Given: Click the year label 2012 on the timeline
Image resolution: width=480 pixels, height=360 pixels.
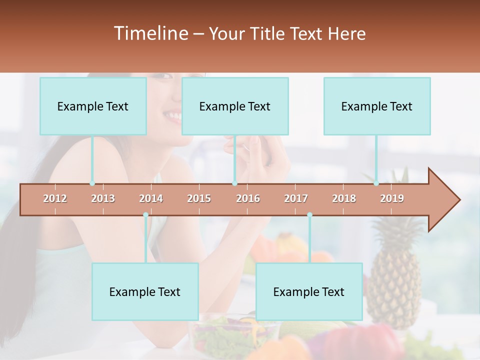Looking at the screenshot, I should click(55, 198).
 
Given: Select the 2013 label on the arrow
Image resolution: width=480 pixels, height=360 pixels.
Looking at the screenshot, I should click(103, 198).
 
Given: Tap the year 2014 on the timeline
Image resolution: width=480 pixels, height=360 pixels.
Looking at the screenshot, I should click(151, 198).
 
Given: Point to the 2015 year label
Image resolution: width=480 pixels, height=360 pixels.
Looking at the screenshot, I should click(199, 198).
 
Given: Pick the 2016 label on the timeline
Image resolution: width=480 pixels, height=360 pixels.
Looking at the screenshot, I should click(248, 198).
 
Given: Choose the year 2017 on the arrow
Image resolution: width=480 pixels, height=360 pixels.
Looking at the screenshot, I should click(296, 198).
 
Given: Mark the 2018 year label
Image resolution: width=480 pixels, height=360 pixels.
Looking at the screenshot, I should click(344, 198).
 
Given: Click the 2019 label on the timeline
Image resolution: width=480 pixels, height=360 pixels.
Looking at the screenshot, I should click(392, 198).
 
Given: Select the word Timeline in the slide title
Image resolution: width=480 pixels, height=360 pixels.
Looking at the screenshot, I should click(150, 33).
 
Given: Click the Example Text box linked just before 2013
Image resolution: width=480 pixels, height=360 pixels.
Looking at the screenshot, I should click(93, 106).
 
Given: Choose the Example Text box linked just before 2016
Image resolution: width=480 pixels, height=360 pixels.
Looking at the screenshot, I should click(235, 106).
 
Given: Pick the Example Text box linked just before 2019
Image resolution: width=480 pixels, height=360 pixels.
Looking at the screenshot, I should click(377, 106).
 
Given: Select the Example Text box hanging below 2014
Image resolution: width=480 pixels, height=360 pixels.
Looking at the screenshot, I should click(145, 291).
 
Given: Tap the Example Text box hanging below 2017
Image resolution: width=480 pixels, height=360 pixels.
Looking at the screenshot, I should click(309, 291).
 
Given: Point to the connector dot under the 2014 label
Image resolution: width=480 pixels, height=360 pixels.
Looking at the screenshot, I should click(145, 215).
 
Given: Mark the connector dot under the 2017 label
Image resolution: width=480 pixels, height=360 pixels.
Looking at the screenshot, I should click(309, 215).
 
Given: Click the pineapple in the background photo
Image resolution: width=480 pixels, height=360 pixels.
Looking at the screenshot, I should click(395, 270).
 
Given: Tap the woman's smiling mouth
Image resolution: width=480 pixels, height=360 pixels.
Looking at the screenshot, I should click(172, 116).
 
